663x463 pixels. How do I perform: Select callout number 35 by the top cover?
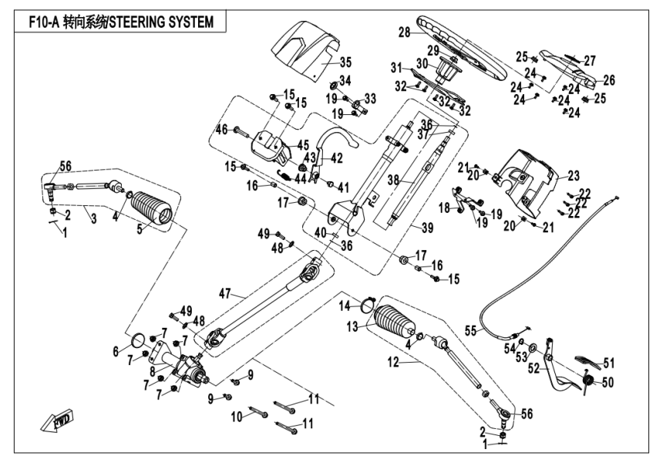point(345,62)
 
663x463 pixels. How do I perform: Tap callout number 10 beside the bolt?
point(236,416)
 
